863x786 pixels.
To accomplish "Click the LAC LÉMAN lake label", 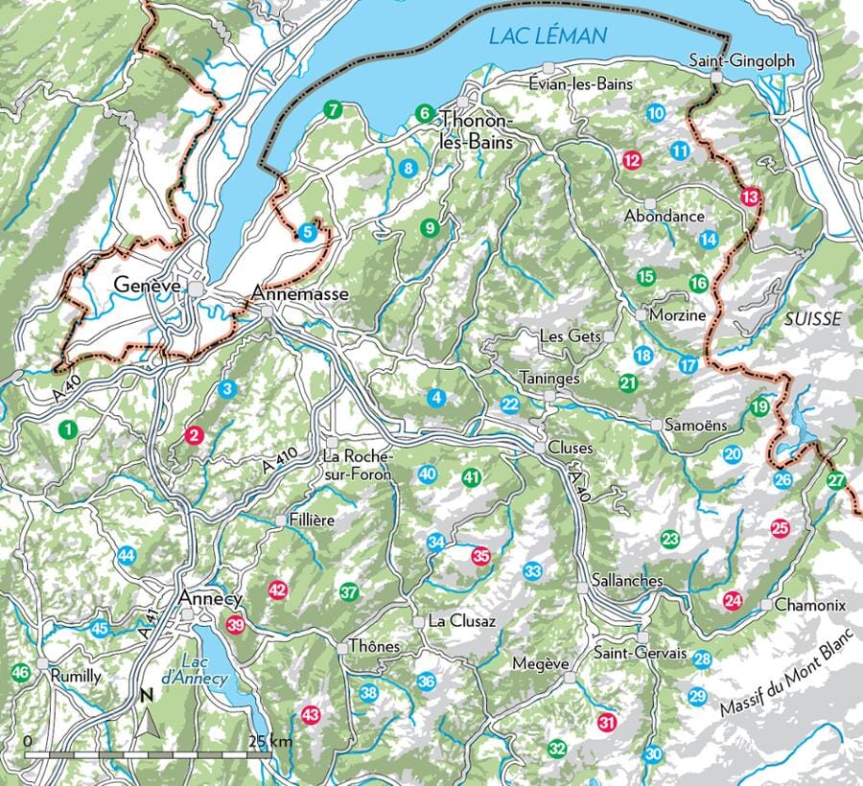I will click(548, 37).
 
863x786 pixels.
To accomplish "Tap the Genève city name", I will click(148, 286).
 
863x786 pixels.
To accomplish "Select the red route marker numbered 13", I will click(750, 196).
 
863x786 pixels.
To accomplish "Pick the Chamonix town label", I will click(810, 605).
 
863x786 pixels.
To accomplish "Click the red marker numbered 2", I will click(194, 435).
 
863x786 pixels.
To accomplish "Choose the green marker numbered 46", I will click(19, 673).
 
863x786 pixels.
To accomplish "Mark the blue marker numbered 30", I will click(653, 753).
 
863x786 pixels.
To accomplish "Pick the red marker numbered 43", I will click(310, 714).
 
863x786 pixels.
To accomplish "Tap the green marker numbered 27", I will click(836, 480).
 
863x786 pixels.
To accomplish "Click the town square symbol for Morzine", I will click(641, 313).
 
